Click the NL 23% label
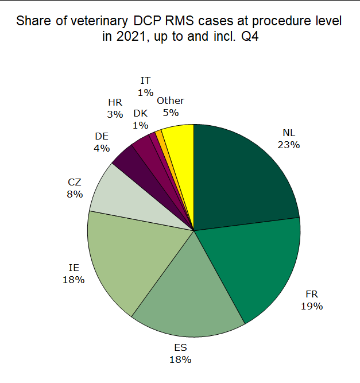tap(288, 139)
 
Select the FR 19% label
tap(311, 300)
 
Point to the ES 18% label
tap(180, 354)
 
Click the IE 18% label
tap(74, 274)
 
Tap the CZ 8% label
tap(75, 188)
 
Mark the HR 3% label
tap(115, 108)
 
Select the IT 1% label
tap(146, 86)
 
